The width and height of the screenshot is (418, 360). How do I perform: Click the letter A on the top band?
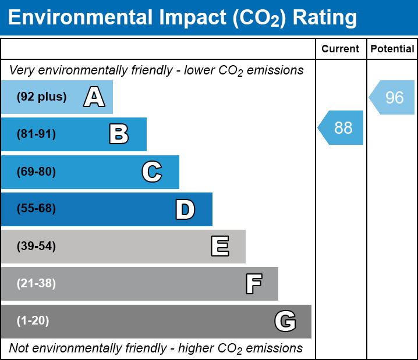pos(94,97)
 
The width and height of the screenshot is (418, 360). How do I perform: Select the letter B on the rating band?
pos(119,134)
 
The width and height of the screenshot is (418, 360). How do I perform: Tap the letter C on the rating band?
pos(151,172)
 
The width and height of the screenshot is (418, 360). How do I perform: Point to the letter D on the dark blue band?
pos(185,209)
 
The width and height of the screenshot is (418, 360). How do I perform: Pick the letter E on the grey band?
pos(219,247)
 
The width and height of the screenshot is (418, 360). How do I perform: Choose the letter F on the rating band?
pos(253,284)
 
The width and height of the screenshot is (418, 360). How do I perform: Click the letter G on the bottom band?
pos(285,321)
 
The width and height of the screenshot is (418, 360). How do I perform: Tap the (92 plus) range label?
pos(41,97)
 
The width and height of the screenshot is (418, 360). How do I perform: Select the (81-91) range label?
pos(36,134)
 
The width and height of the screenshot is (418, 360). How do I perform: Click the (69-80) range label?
pos(36,172)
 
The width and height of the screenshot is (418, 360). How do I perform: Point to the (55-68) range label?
pos(36,209)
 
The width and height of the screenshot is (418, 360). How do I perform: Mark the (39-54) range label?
pos(36,247)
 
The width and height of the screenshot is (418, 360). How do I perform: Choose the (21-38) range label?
pos(36,284)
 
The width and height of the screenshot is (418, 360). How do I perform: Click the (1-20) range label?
pos(33,321)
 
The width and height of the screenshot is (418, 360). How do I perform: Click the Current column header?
pos(341,49)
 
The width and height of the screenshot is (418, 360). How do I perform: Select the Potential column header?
pos(392,49)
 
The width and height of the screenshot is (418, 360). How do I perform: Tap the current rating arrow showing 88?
pos(341,127)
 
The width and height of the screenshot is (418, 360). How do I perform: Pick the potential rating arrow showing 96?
pos(392,97)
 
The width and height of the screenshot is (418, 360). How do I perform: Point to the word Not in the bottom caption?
pos(19,348)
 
